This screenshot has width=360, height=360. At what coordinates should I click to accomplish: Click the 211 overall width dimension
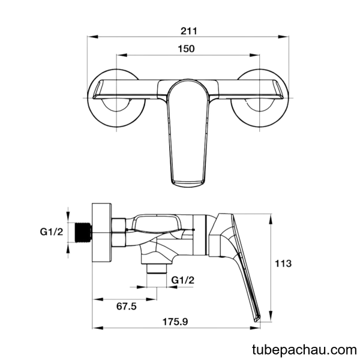(188, 31)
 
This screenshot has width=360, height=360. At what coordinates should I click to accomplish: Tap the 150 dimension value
(186, 49)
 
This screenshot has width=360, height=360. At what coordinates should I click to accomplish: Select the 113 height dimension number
(283, 263)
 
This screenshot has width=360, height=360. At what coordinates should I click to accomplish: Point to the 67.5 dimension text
(126, 306)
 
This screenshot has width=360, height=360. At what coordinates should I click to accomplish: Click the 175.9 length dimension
(175, 322)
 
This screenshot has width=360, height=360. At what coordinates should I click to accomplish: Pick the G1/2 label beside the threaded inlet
(52, 232)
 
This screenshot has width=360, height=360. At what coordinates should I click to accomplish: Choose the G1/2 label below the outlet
(183, 280)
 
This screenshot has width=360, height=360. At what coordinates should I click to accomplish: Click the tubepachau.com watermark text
(304, 350)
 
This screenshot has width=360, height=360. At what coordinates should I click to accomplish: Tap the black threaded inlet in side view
(83, 232)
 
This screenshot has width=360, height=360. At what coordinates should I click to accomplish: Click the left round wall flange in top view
(116, 98)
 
